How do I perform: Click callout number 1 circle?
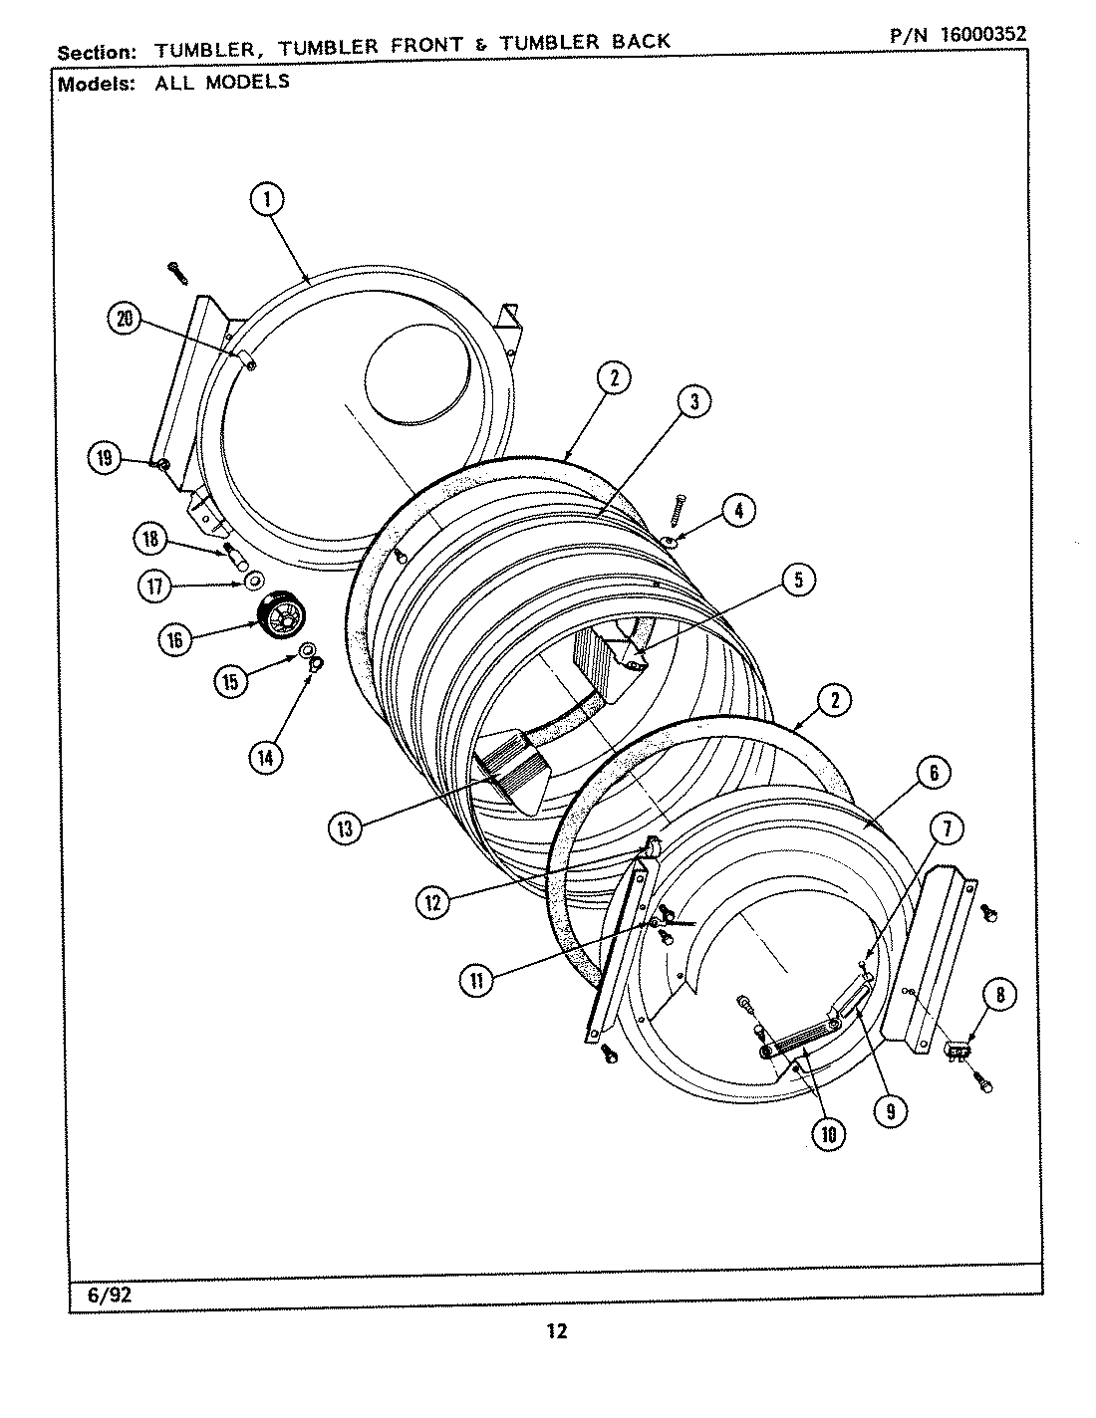tap(266, 199)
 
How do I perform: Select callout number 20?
tap(125, 319)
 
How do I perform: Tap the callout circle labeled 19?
tap(105, 458)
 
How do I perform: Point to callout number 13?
tap(345, 828)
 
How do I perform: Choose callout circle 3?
tap(693, 401)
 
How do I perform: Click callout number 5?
tap(797, 581)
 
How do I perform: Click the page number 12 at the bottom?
tap(556, 1331)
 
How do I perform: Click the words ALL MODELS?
tap(221, 83)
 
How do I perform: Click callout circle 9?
tap(890, 1110)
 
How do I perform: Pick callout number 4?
tap(737, 511)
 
